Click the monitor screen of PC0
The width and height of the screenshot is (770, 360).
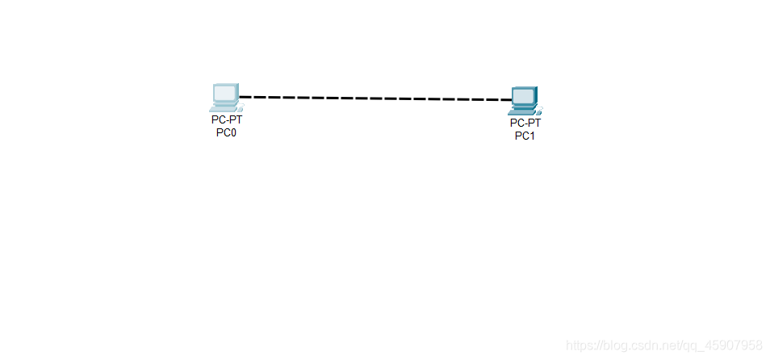pyautogui.click(x=225, y=92)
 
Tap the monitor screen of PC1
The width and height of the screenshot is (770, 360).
pyautogui.click(x=523, y=96)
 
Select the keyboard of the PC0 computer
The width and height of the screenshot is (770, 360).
pyautogui.click(x=223, y=107)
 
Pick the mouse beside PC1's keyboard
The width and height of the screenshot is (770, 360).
pyautogui.click(x=538, y=110)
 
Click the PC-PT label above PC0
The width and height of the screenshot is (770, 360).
pyautogui.click(x=227, y=119)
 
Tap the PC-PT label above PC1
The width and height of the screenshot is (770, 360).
pyautogui.click(x=525, y=123)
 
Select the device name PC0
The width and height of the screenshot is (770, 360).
pyautogui.click(x=226, y=132)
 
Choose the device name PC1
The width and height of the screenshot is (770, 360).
pyautogui.click(x=525, y=136)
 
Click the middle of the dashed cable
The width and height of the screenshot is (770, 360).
pyautogui.click(x=375, y=98)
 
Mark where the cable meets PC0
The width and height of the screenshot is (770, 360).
pyautogui.click(x=240, y=97)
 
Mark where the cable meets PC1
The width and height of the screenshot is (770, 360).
pyautogui.click(x=512, y=100)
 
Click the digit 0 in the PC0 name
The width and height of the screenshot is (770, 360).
pyautogui.click(x=232, y=132)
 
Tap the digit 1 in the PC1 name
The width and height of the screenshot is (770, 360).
pyautogui.click(x=531, y=136)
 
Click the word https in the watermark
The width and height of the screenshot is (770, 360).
pyautogui.click(x=580, y=345)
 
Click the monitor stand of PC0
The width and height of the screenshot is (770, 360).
pyautogui.click(x=224, y=103)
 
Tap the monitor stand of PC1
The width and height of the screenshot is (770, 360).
pyautogui.click(x=523, y=107)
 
